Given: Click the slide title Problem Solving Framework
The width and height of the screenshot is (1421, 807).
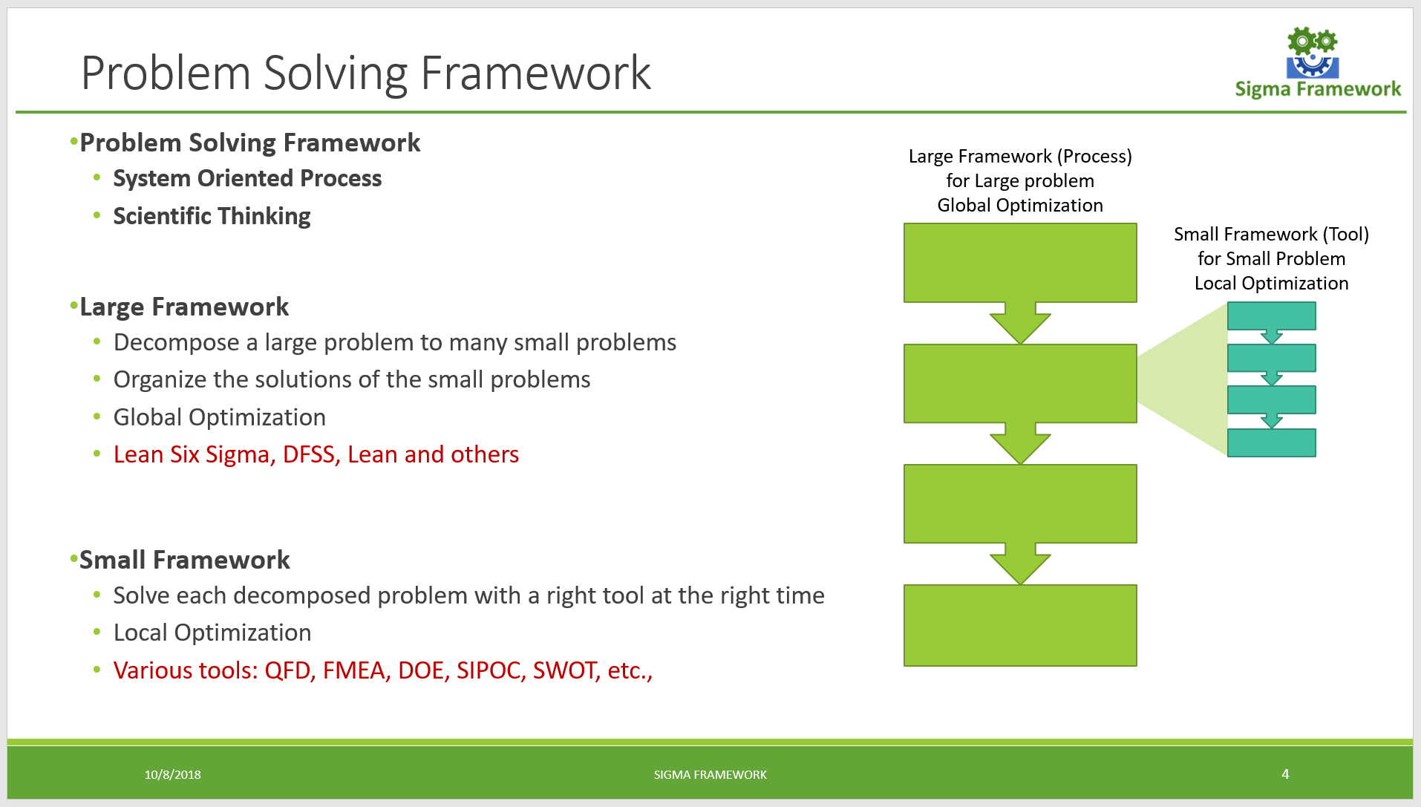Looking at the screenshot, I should (x=365, y=73).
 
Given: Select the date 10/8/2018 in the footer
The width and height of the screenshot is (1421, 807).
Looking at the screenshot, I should (x=172, y=774).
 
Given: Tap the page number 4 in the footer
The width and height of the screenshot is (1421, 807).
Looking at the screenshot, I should (x=1285, y=774).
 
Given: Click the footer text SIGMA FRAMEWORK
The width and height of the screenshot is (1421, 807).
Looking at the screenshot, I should (x=710, y=774).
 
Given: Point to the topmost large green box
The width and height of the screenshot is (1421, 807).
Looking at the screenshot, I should (x=1019, y=262).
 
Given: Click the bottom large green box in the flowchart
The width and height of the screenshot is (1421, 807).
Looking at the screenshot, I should (x=1019, y=625).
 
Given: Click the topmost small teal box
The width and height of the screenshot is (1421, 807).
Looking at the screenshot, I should (x=1271, y=316).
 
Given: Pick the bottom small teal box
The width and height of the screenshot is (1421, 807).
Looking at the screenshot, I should (x=1271, y=442).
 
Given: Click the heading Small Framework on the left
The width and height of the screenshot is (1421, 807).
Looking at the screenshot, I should (x=184, y=560).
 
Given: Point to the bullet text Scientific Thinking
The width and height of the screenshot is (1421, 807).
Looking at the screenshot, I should (x=212, y=216).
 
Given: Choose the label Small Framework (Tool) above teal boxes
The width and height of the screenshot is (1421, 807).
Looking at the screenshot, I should (x=1271, y=235).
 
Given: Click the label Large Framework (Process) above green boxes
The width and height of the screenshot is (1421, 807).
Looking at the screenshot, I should (x=1019, y=157).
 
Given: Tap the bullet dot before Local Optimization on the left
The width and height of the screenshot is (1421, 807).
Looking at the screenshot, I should (x=97, y=633).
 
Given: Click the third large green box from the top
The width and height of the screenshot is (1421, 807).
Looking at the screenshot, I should (x=1019, y=503).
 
